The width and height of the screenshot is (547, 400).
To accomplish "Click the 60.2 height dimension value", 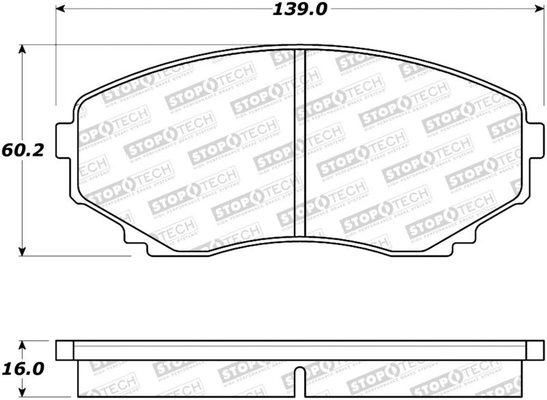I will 22,150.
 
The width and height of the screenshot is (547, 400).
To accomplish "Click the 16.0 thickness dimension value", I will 22,369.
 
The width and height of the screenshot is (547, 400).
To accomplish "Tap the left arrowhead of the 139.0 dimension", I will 60,10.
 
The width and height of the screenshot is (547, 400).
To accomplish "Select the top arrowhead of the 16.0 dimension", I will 23,345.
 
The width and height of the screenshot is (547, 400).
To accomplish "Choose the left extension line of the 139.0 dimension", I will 55,27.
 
